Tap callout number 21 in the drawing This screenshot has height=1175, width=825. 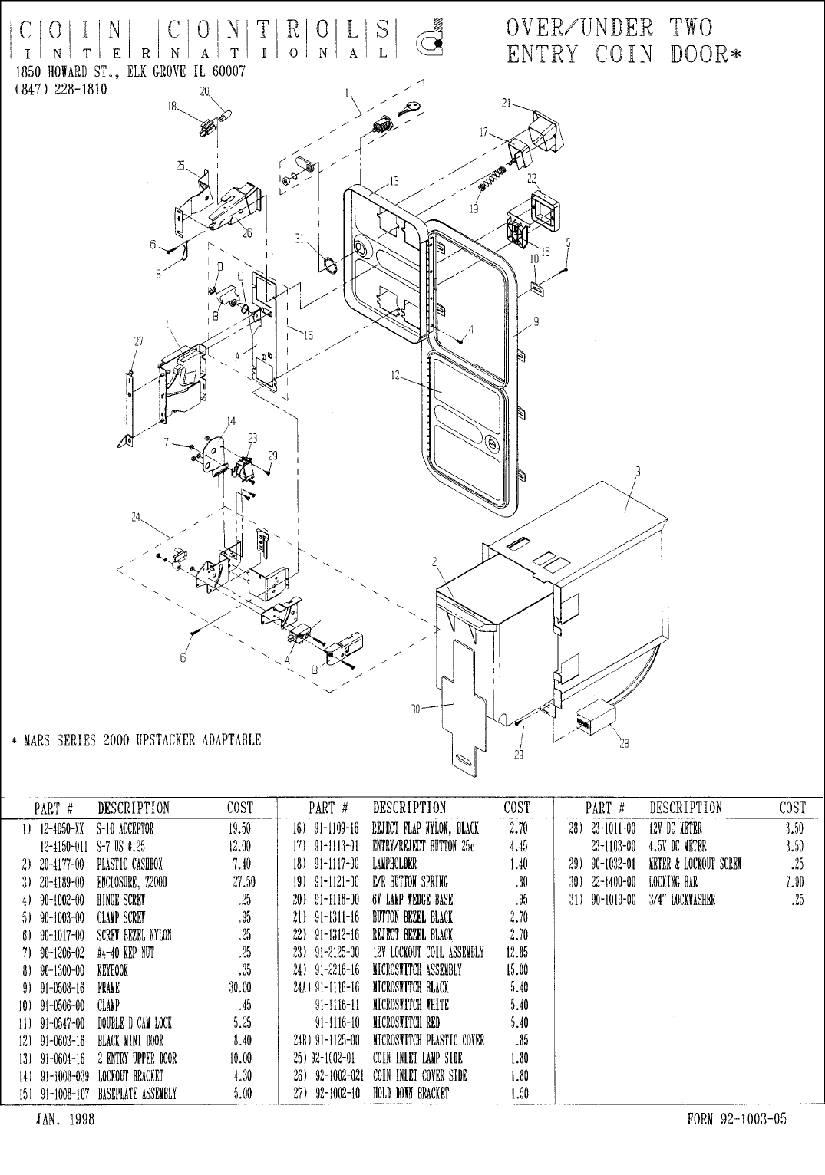506,104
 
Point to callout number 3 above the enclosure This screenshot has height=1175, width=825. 638,470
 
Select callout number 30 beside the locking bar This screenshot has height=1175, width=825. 415,709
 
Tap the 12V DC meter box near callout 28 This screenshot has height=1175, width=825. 595,716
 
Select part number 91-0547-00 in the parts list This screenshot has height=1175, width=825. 66,1022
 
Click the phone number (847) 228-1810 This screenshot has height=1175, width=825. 61,89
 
